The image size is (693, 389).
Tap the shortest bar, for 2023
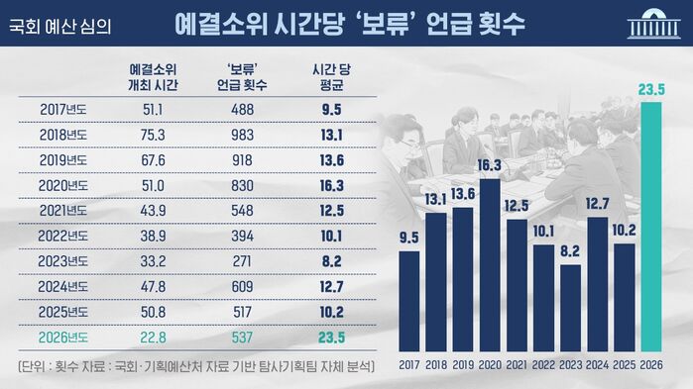click(571, 308)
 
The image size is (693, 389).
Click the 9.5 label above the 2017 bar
click(408, 237)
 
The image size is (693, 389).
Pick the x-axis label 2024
click(598, 365)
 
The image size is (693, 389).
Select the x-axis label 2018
click(436, 365)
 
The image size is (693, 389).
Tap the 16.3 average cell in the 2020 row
click(332, 184)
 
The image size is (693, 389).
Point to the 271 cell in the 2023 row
click(243, 261)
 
